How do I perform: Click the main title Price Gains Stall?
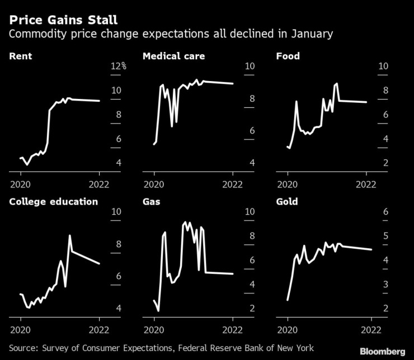[x=63, y=20]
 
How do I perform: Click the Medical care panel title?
[x=173, y=56]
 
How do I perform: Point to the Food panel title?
[x=288, y=56]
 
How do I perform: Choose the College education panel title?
[x=54, y=202]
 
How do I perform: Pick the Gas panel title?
[x=152, y=202]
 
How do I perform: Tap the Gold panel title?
[x=287, y=202]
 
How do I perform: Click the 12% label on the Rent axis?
[x=119, y=67]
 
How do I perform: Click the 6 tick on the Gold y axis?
[x=384, y=212]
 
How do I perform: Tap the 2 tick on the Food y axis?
[x=384, y=163]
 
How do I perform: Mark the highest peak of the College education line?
[x=70, y=235]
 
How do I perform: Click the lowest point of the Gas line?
[x=158, y=310]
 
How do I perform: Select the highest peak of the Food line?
[x=337, y=83]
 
